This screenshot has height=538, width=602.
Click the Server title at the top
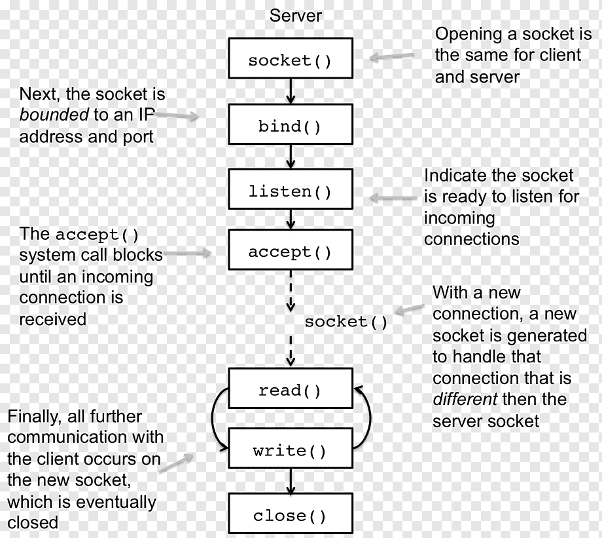click(296, 15)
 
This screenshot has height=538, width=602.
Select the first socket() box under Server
click(290, 60)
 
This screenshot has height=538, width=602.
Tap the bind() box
click(290, 126)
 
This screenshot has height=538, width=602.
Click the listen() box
click(290, 191)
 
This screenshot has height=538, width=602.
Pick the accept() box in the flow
click(290, 252)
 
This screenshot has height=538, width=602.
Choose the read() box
click(290, 391)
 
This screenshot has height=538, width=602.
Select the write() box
click(290, 451)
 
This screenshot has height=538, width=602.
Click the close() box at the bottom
click(290, 516)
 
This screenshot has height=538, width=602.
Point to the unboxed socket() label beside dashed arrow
click(345, 322)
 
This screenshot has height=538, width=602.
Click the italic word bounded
click(54, 115)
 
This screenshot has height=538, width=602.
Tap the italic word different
click(465, 399)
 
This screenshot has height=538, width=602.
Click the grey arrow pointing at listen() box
click(393, 197)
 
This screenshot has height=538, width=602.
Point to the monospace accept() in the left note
click(97, 235)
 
